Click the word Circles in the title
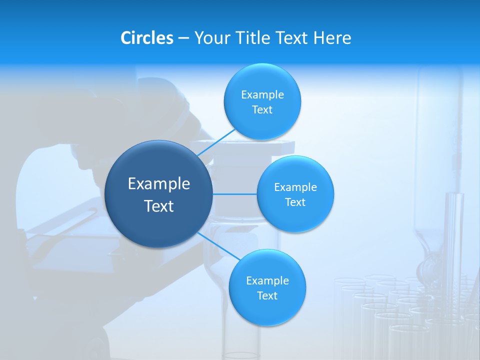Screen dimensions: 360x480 click(x=147, y=38)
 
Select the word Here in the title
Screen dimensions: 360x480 click(x=332, y=38)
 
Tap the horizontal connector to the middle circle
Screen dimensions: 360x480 click(x=234, y=194)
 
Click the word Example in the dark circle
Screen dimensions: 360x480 click(x=159, y=184)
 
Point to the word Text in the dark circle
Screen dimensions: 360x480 click(x=159, y=206)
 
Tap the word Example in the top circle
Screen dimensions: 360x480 click(x=262, y=95)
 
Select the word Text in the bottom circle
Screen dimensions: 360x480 click(x=267, y=295)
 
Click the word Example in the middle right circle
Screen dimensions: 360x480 click(x=295, y=187)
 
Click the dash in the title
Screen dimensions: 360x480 click(x=183, y=38)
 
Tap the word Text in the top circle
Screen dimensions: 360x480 click(x=262, y=110)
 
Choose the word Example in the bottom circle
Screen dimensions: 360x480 click(x=267, y=280)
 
